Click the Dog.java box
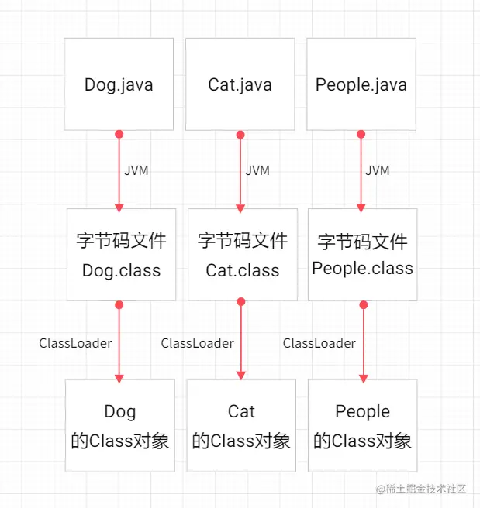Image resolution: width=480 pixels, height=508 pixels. [119, 84]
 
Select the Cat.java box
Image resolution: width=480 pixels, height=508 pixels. [240, 84]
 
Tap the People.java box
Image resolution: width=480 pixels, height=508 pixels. [361, 84]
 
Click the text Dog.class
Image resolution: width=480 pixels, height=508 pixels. [121, 271]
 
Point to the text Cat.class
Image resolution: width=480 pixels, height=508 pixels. [242, 271]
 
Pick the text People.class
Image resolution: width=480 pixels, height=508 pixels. [362, 268]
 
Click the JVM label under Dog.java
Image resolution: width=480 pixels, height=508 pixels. [136, 170]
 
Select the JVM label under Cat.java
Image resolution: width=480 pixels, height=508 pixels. [257, 170]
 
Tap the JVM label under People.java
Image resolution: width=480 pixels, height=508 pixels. [378, 170]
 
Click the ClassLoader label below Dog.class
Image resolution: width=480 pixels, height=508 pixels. [75, 342]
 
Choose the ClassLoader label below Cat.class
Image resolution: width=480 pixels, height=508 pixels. [197, 342]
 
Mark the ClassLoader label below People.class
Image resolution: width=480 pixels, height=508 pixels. [319, 342]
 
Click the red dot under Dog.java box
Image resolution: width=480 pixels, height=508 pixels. [119, 134]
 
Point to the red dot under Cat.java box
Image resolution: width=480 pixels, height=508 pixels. [240, 135]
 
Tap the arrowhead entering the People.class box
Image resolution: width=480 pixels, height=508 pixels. [361, 207]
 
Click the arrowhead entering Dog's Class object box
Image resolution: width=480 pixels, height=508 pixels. [119, 377]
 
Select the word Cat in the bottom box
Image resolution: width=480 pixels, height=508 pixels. [241, 411]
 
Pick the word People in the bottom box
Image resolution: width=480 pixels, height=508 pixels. [362, 411]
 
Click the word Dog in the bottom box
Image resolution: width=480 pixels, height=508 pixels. [119, 411]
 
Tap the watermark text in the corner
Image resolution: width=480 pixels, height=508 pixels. [420, 489]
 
